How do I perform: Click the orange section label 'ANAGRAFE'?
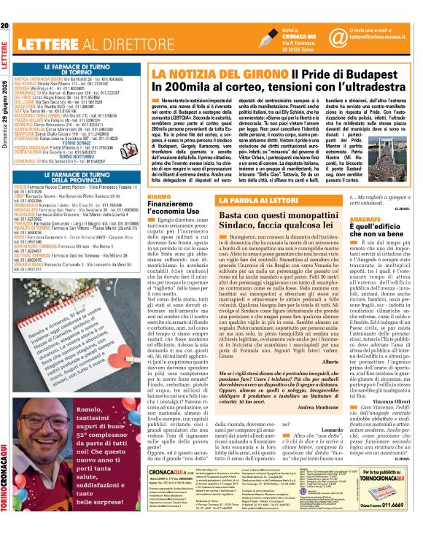[x=386, y=218]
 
